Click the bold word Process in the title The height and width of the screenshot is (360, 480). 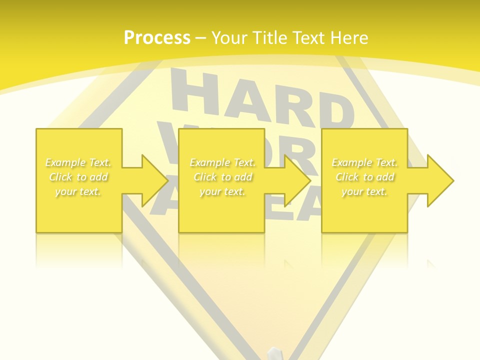[157, 38]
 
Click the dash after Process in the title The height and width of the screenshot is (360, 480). [201, 38]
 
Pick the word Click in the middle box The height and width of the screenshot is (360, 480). [205, 177]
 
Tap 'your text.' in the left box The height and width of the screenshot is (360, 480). [78, 191]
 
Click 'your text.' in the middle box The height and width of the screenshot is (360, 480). [222, 191]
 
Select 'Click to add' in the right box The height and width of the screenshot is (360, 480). [365, 177]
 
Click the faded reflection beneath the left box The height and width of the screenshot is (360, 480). [78, 250]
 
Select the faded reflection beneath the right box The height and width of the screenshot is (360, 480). [364, 250]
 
